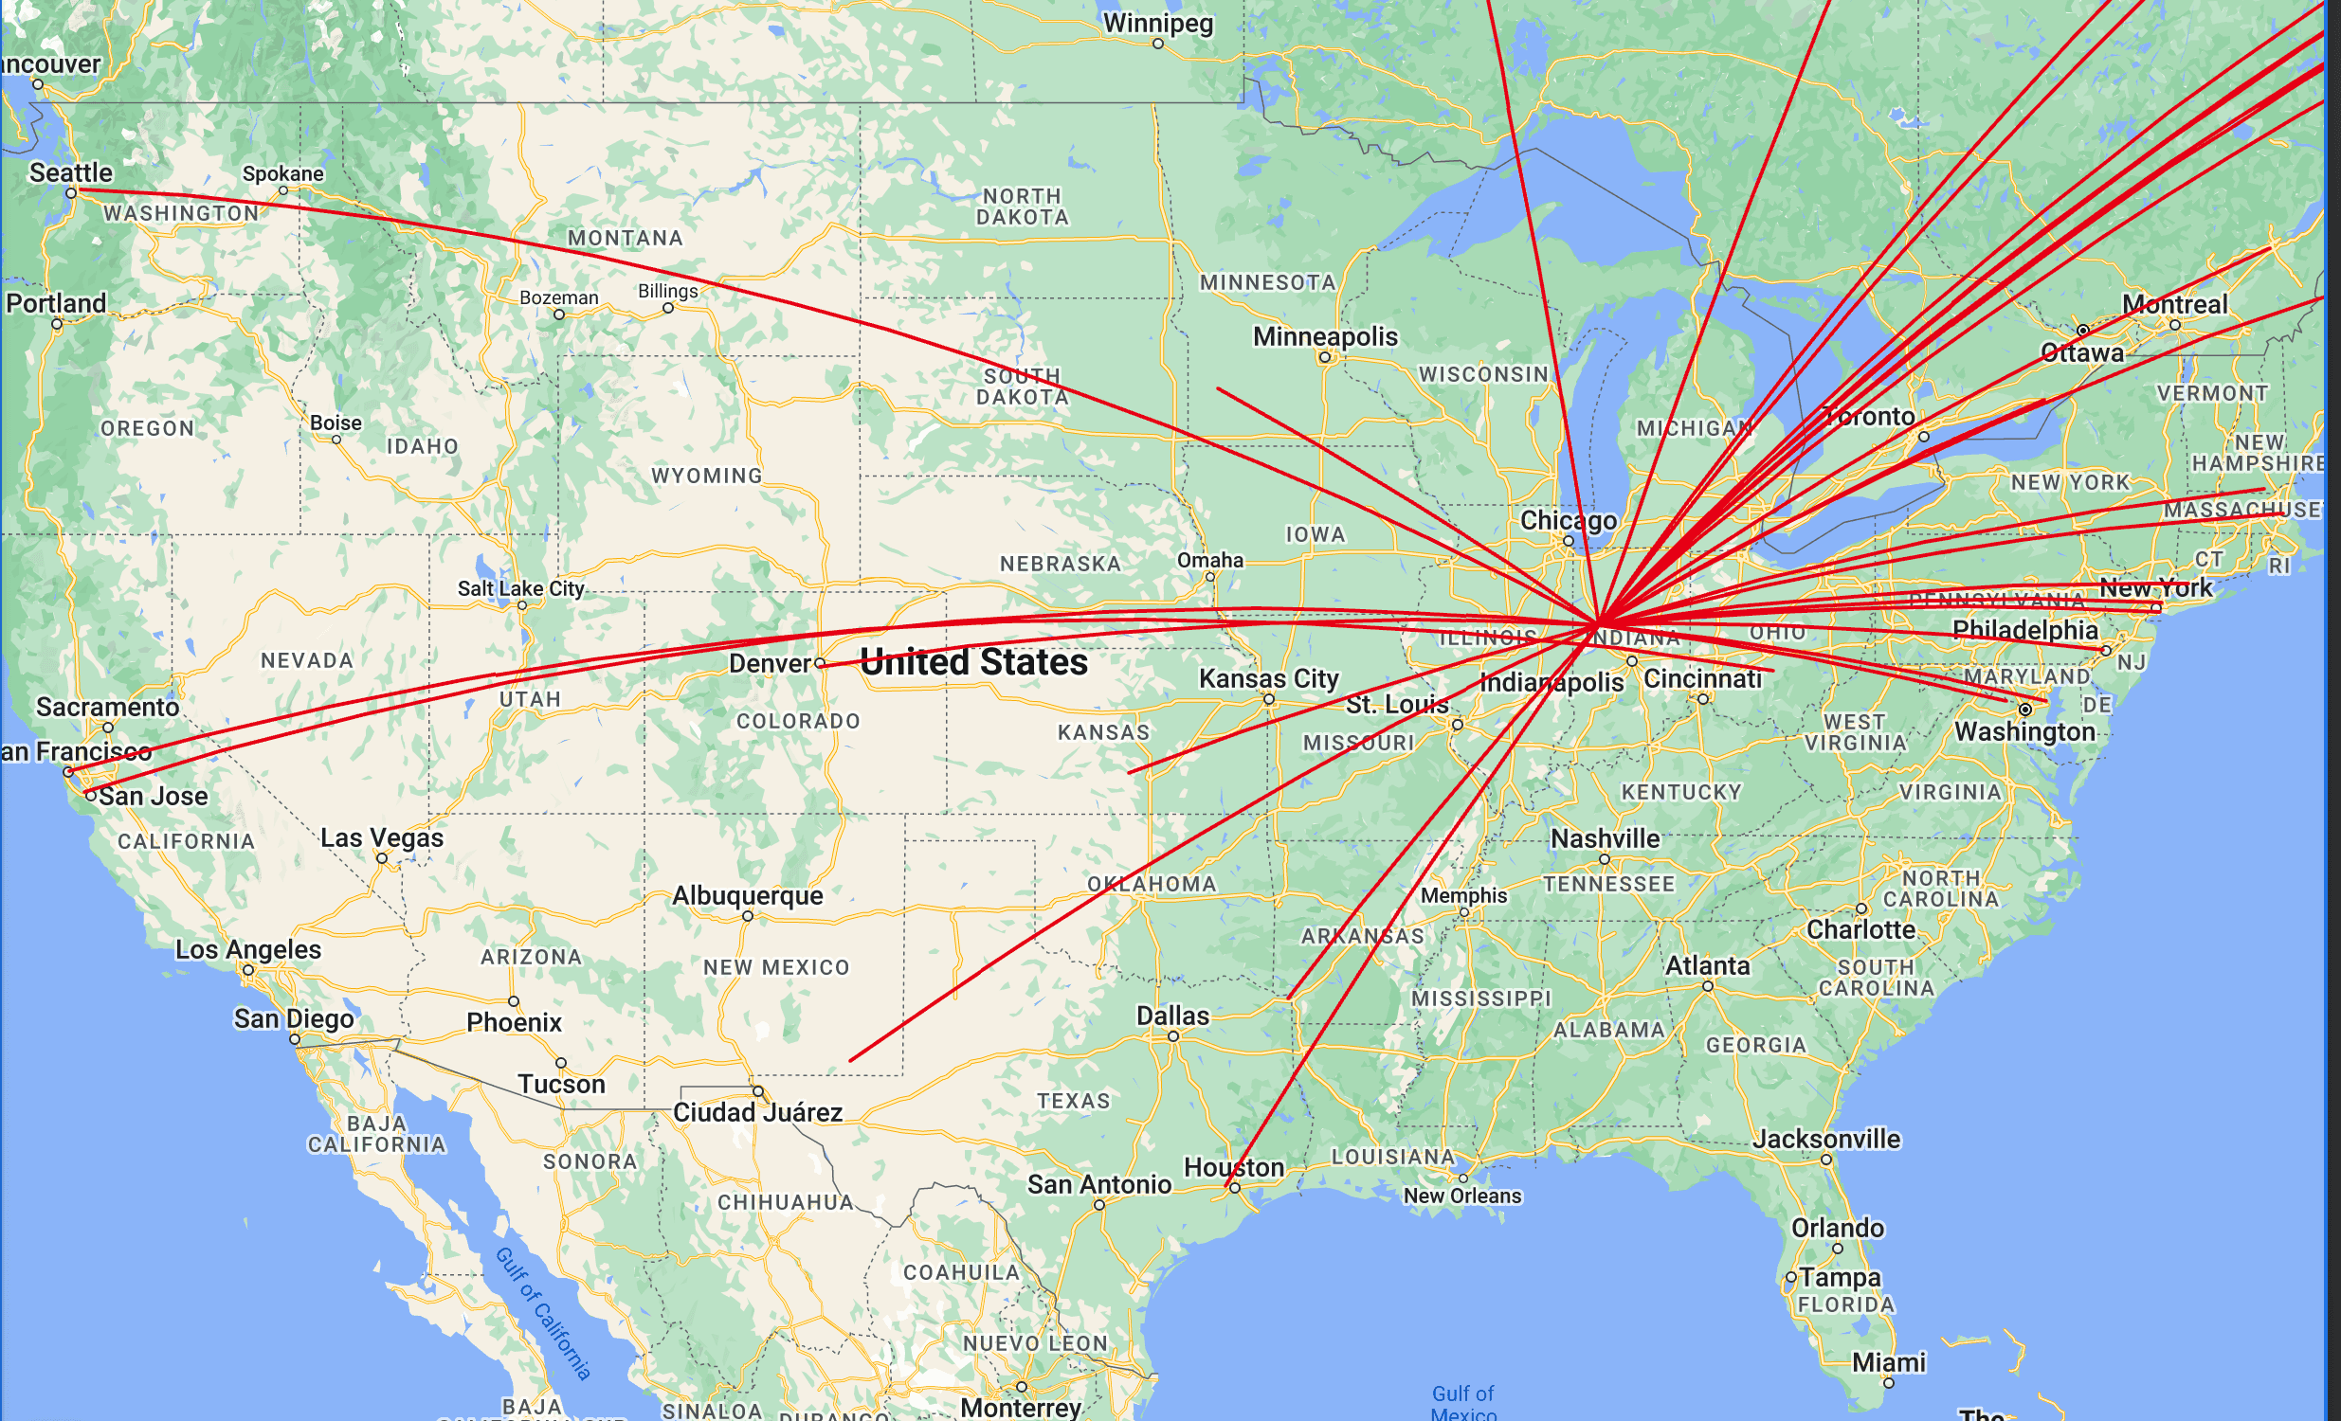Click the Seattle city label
(x=70, y=172)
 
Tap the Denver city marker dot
(x=820, y=663)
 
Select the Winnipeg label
(x=1157, y=23)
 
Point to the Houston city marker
(x=1234, y=1187)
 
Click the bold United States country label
(x=972, y=662)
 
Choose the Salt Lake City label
(x=520, y=588)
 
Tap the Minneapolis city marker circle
(x=1324, y=357)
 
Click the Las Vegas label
(x=381, y=837)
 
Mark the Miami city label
(x=1888, y=1362)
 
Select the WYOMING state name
(x=707, y=475)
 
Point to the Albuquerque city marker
(x=748, y=917)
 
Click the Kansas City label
(x=1268, y=678)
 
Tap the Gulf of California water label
(x=543, y=1314)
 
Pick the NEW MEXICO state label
(x=776, y=967)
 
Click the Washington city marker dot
(x=2024, y=710)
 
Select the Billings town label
(x=667, y=291)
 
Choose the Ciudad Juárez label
(x=757, y=1112)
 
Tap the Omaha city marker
(x=1209, y=577)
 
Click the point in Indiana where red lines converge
(x=1599, y=623)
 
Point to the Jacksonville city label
(x=1826, y=1139)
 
